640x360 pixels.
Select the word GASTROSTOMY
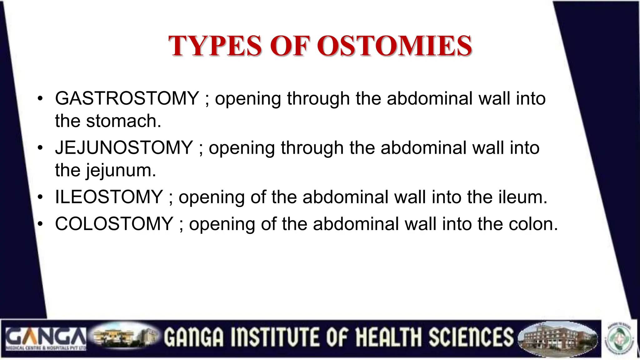[x=127, y=98]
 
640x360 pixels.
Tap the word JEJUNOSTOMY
[x=124, y=148]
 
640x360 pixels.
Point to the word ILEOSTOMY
[x=109, y=197]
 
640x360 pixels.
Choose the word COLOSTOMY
[x=114, y=224]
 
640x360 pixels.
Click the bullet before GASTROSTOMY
[x=40, y=99]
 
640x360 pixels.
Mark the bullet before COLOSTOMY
[x=40, y=224]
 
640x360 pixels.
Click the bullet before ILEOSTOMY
[x=40, y=197]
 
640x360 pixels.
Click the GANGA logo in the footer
[x=46, y=339]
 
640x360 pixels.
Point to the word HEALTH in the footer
[x=389, y=337]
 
